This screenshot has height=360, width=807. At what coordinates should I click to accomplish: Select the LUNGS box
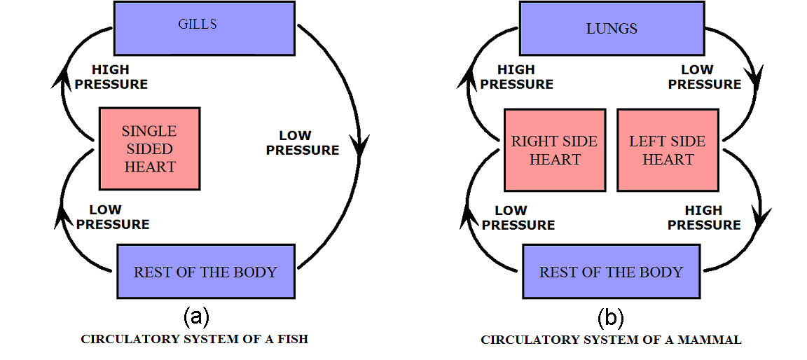(x=611, y=28)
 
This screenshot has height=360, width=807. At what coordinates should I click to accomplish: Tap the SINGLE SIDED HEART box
(x=149, y=148)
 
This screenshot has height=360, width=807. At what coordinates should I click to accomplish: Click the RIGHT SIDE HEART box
(x=555, y=150)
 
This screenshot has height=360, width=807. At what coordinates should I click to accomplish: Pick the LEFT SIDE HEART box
(x=668, y=150)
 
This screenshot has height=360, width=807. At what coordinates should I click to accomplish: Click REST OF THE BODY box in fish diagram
(x=206, y=272)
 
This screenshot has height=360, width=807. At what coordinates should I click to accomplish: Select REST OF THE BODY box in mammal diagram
(x=611, y=272)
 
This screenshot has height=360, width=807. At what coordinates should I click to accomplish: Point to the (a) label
(x=196, y=317)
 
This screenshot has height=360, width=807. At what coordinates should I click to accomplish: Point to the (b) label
(x=610, y=318)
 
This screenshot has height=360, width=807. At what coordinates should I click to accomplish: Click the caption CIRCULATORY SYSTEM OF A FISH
(x=195, y=339)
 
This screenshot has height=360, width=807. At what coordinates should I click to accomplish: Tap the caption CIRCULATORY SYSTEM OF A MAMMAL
(x=611, y=340)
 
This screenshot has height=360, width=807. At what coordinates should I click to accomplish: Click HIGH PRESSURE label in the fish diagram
(x=120, y=77)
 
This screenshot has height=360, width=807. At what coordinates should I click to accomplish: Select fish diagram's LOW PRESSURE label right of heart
(x=303, y=143)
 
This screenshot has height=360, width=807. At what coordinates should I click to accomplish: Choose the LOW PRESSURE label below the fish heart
(x=113, y=217)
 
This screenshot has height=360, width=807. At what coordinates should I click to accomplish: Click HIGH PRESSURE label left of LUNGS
(x=517, y=77)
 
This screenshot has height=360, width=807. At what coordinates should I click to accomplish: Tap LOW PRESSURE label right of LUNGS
(x=704, y=77)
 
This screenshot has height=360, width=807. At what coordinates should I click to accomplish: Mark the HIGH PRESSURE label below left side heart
(x=704, y=218)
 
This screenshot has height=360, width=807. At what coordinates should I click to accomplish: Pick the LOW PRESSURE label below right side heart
(x=518, y=218)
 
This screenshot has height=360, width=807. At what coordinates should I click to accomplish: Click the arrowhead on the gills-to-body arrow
(x=360, y=149)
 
